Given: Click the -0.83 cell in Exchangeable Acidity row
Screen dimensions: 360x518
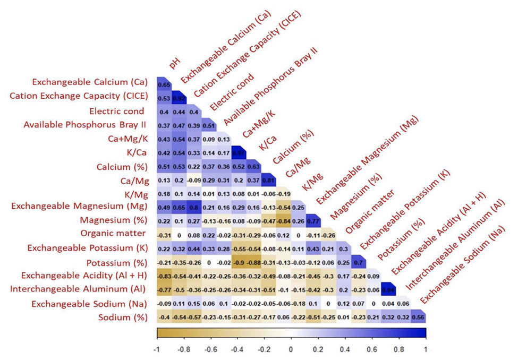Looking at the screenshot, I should (x=165, y=276).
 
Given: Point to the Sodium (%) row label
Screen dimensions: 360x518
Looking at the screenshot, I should (x=126, y=318).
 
